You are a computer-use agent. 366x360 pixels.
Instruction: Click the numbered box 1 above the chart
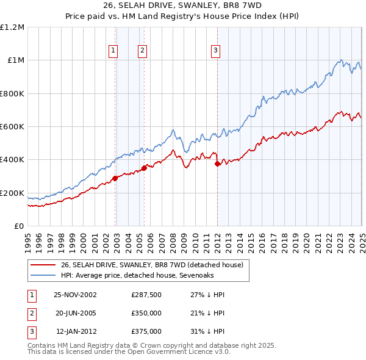(x=113, y=51)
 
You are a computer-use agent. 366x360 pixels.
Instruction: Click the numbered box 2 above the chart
(x=142, y=51)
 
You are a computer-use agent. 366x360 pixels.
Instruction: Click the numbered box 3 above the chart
(x=216, y=51)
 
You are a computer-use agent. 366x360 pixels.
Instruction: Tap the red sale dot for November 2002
(x=115, y=178)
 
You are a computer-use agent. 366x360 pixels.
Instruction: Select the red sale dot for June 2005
(x=144, y=168)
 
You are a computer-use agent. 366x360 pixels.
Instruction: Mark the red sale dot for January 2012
(x=217, y=164)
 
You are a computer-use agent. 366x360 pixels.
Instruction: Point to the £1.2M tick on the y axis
(x=12, y=27)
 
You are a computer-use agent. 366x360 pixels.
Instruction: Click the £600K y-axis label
(x=12, y=127)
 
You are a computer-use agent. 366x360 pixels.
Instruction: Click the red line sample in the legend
(x=42, y=265)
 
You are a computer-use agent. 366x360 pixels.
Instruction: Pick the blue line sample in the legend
(x=42, y=275)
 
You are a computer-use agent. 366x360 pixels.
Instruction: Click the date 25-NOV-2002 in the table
(x=75, y=295)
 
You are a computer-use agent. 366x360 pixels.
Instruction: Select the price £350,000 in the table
(x=146, y=313)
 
